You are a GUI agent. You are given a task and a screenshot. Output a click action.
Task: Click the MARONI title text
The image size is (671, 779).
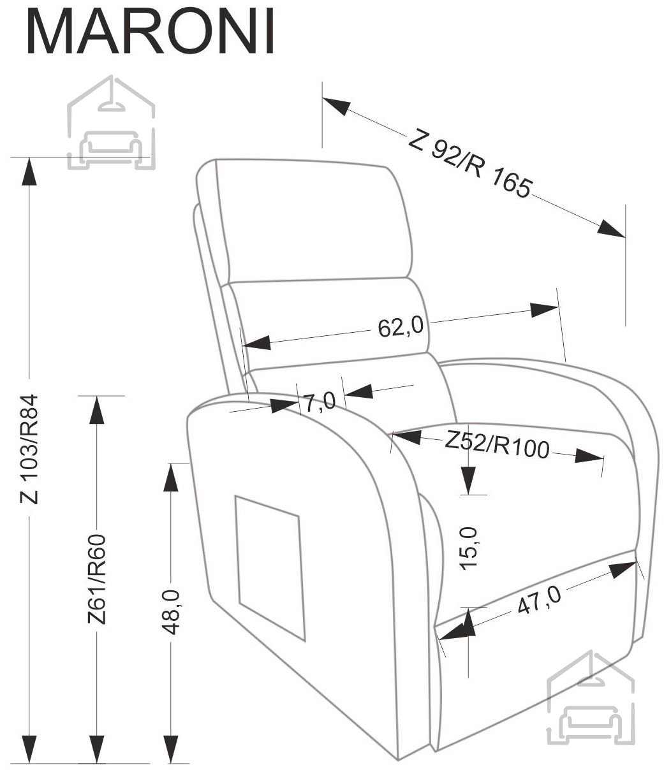tap(150, 31)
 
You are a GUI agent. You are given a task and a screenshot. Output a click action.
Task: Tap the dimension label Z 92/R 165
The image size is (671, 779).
tap(470, 164)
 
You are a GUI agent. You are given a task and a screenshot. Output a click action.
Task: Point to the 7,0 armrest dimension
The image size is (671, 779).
tap(320, 402)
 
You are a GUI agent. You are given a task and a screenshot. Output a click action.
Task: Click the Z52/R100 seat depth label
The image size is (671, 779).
tap(497, 445)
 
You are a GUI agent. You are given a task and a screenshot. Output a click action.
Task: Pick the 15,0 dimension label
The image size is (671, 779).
tap(469, 548)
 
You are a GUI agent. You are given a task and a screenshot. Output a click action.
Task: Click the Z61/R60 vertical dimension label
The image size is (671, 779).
tap(96, 579)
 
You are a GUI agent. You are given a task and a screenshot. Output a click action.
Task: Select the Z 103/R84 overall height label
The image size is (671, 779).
tap(29, 449)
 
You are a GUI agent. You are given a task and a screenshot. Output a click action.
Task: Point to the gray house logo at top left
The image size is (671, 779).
tap(111, 122)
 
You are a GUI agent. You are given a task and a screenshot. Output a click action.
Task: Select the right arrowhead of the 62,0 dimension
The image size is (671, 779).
tap(544, 310)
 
